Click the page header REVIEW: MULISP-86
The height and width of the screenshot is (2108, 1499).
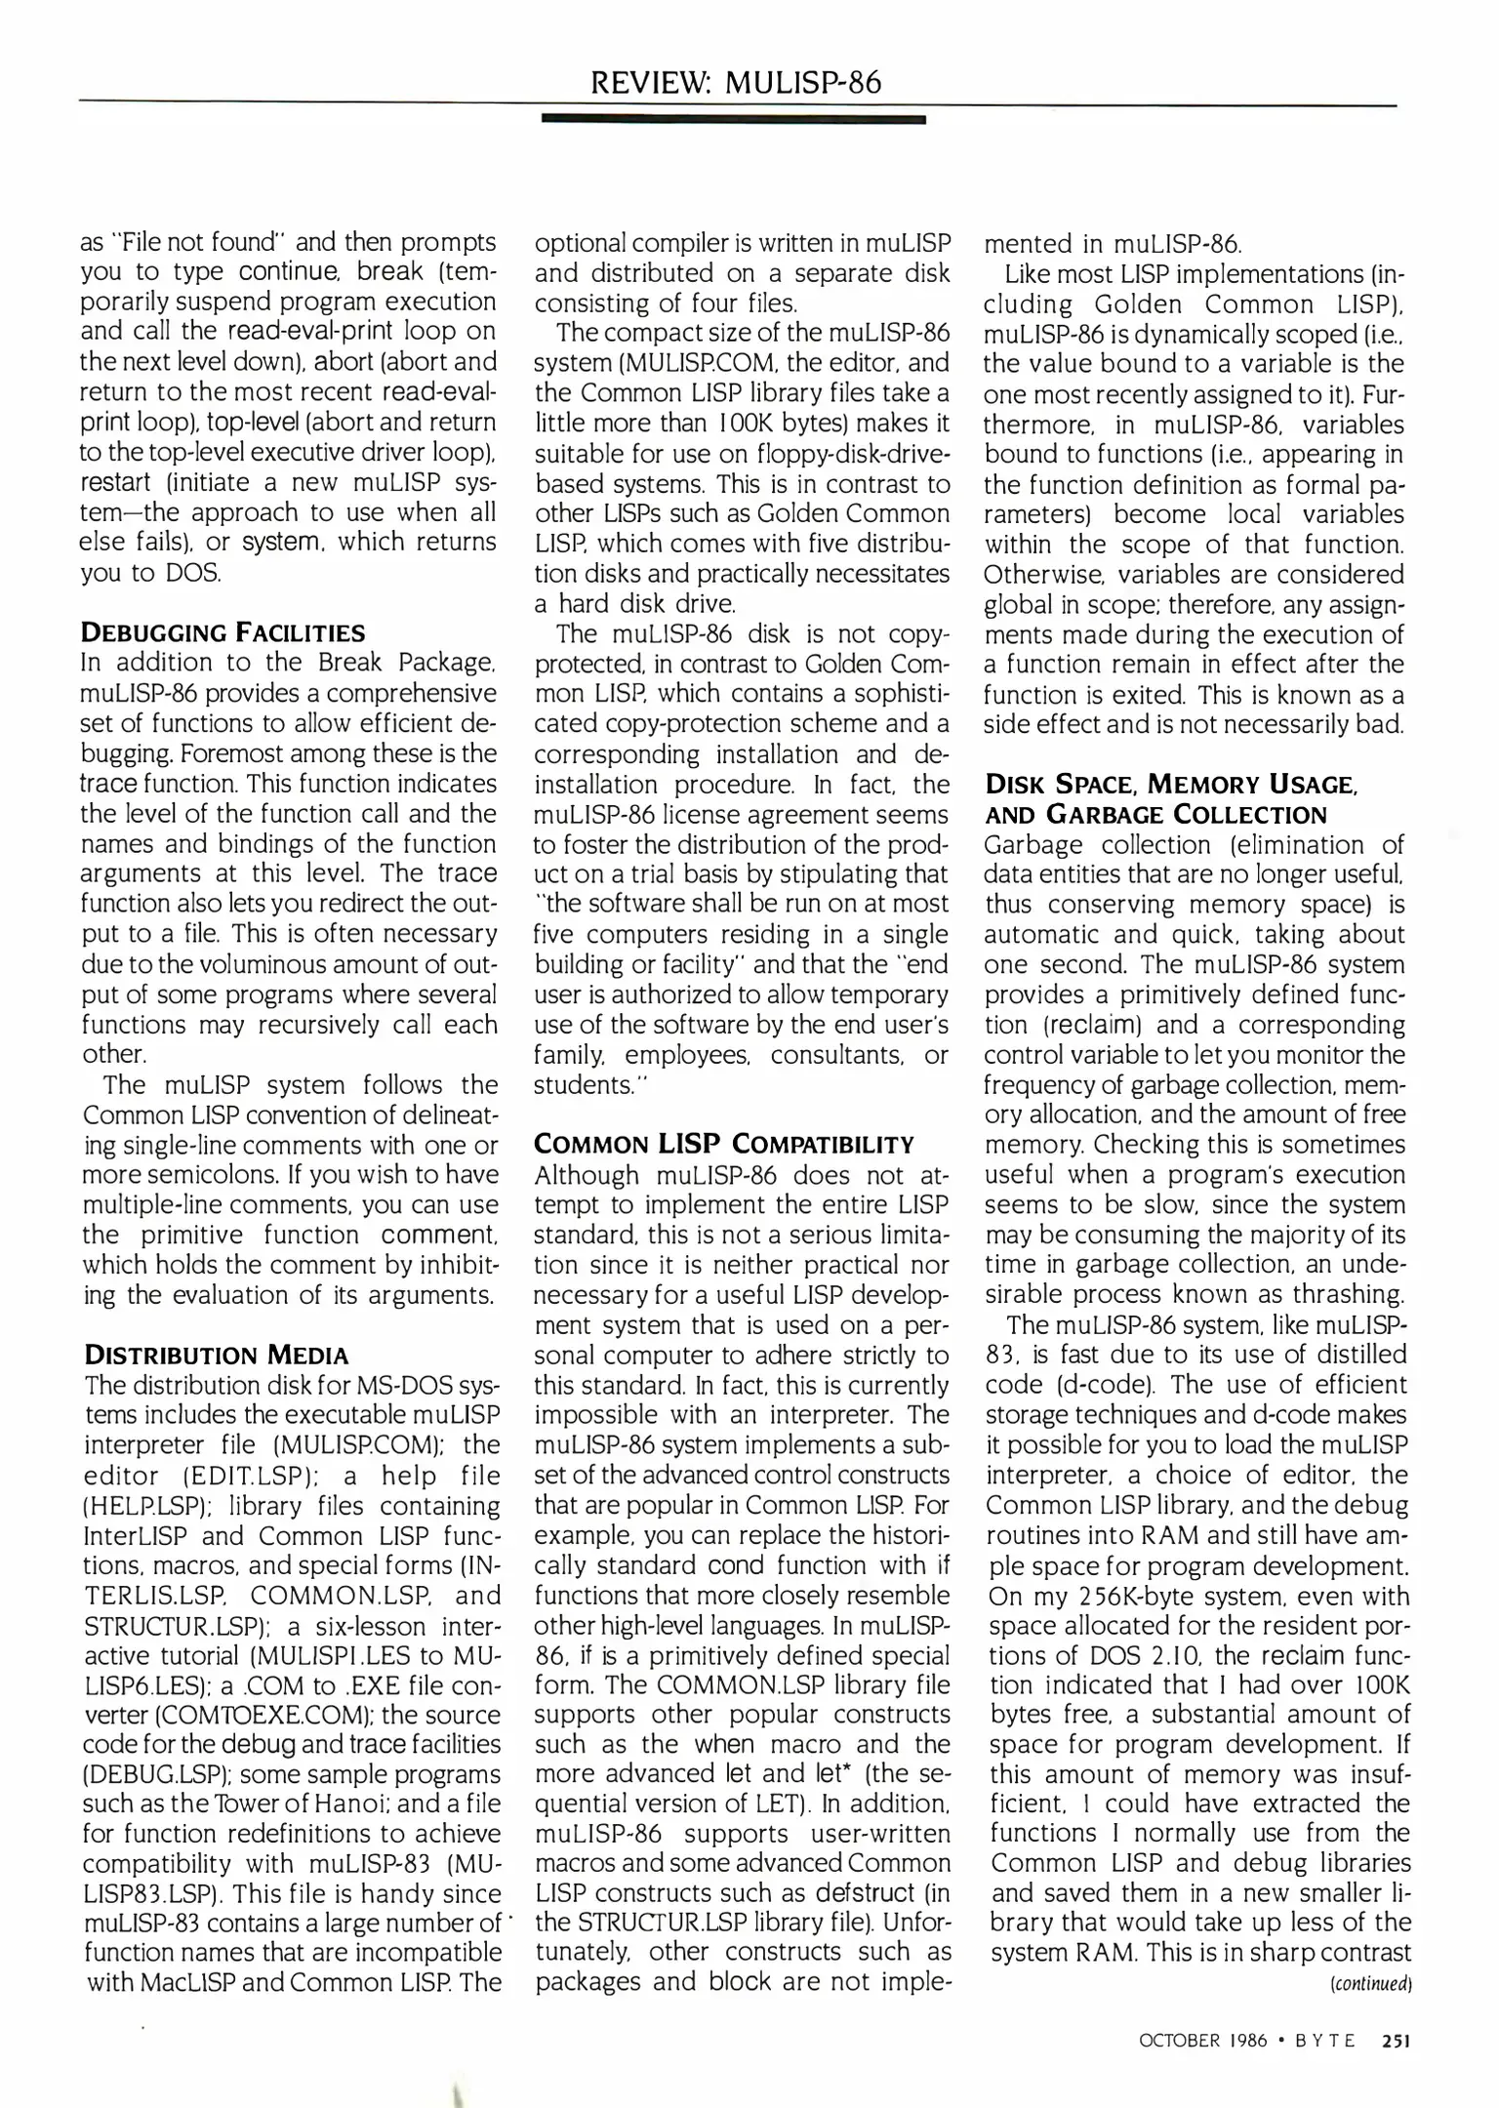(735, 83)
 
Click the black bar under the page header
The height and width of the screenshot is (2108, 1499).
(732, 119)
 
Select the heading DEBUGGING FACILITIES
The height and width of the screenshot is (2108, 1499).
(223, 632)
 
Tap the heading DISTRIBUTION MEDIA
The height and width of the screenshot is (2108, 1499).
(216, 1355)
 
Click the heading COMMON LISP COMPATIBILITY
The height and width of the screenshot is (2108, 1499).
(724, 1144)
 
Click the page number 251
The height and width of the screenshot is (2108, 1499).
(1397, 2040)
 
